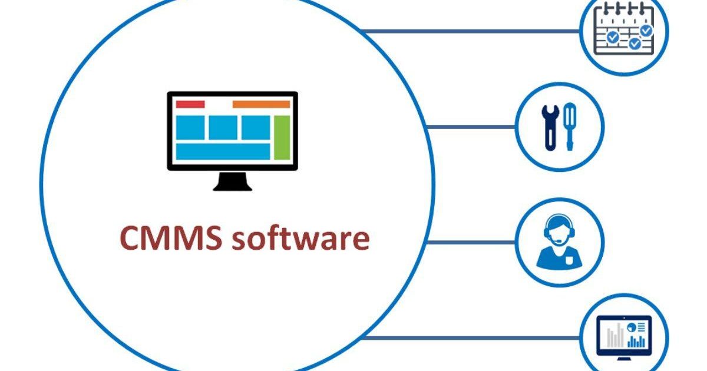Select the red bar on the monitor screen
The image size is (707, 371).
click(190, 104)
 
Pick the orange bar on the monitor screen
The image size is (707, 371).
click(262, 104)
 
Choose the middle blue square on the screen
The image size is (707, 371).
click(223, 127)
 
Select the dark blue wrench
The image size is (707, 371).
click(549, 125)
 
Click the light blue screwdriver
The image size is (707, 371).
click(569, 125)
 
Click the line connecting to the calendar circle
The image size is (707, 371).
click(471, 31)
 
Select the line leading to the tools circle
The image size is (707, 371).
click(471, 126)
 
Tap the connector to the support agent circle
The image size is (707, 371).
click(471, 242)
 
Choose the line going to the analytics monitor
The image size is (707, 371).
click(471, 337)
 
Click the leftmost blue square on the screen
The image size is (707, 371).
click(190, 127)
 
